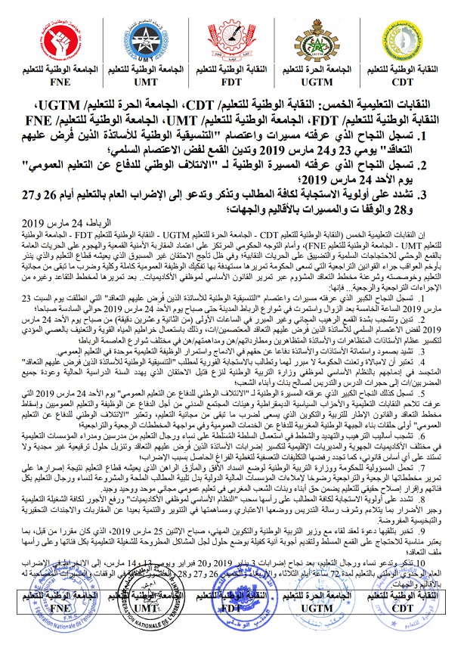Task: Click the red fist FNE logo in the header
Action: coord(60,36)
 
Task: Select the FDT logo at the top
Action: coord(230,36)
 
